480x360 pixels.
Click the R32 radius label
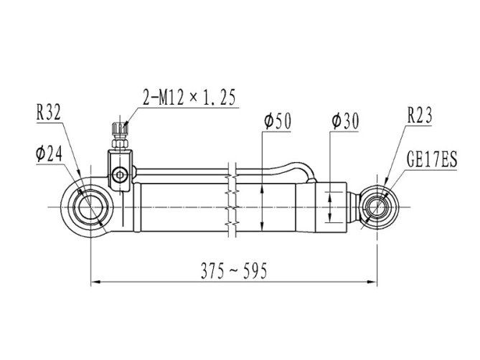49,113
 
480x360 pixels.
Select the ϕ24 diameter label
49,154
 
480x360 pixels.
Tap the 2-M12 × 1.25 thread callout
189,98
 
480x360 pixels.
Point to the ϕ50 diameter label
278,121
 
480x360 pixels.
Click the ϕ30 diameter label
345,121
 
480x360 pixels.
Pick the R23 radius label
420,115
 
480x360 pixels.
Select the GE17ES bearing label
432,159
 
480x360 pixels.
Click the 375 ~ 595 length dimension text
234,270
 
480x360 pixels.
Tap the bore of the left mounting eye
90,207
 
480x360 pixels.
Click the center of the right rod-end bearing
377,207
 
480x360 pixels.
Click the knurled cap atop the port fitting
120,129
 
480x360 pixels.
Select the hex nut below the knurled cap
120,143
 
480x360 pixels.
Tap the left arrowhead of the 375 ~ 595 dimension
95,282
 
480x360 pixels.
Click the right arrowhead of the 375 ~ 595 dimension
372,282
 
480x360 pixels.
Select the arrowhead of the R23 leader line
386,182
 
